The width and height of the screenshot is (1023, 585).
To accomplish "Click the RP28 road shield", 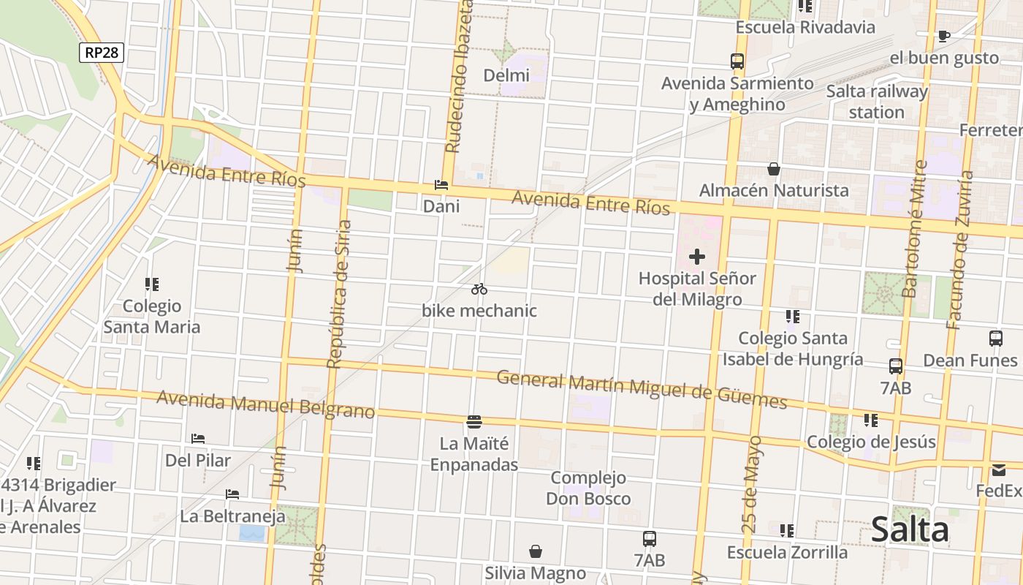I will pyautogui.click(x=102, y=53).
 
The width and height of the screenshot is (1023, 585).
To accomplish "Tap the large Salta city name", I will pyautogui.click(x=910, y=529).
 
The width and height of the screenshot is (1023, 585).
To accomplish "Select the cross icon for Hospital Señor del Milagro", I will pyautogui.click(x=697, y=257).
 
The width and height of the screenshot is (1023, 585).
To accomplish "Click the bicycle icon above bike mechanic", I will pyautogui.click(x=479, y=289).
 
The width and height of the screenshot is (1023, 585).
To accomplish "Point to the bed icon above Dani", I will pyautogui.click(x=441, y=185).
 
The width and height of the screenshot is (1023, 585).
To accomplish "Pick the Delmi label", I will pyautogui.click(x=506, y=75).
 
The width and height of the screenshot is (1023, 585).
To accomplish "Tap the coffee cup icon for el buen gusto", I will pyautogui.click(x=944, y=36).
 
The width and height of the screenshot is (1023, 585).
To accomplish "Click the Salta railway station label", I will pyautogui.click(x=877, y=102).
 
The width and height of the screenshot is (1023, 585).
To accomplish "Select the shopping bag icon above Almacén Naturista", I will pyautogui.click(x=774, y=170).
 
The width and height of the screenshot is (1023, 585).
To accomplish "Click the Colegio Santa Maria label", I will pyautogui.click(x=152, y=316).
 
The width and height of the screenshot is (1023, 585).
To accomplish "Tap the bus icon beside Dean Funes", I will pyautogui.click(x=996, y=339).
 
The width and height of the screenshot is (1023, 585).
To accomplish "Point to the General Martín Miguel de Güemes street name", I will pyautogui.click(x=642, y=390).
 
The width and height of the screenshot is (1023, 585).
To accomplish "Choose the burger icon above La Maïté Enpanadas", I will pyautogui.click(x=474, y=421).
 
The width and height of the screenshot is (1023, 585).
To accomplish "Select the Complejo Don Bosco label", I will pyautogui.click(x=588, y=488).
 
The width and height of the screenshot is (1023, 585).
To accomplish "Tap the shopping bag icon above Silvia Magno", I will pyautogui.click(x=536, y=551).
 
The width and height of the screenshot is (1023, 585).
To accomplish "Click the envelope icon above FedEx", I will pyautogui.click(x=999, y=469).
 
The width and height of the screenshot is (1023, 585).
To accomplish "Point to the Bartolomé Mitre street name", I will pyautogui.click(x=913, y=229).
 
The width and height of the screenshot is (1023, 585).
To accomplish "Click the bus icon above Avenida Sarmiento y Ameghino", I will pyautogui.click(x=737, y=61).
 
